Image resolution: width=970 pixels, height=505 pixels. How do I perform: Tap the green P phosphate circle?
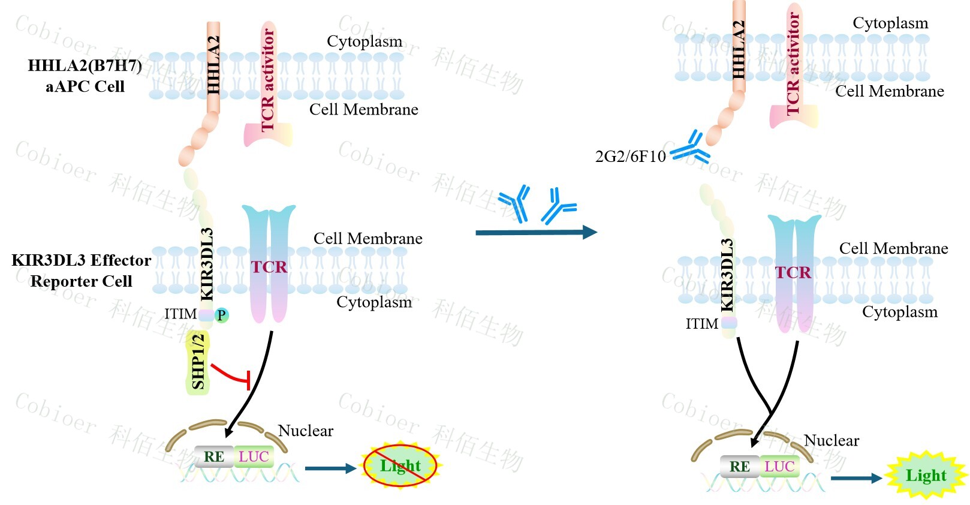pos(221,315)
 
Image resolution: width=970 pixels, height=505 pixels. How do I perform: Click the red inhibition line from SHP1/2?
pos(231,375)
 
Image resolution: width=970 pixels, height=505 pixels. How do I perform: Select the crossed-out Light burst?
pos(400,465)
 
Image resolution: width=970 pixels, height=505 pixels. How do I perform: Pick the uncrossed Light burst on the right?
pos(926,476)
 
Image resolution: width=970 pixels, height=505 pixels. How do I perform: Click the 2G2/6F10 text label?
pos(630,157)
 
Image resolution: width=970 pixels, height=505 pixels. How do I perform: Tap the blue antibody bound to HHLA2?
pos(691,148)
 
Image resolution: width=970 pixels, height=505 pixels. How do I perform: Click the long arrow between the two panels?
pos(535,232)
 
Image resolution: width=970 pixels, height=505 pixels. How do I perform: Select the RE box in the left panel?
pos(213,457)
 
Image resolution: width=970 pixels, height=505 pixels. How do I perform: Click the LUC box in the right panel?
pos(779,467)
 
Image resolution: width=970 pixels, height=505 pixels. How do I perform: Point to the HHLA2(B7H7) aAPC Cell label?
pos(85,76)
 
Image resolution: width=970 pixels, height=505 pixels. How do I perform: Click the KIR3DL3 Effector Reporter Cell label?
pos(81,270)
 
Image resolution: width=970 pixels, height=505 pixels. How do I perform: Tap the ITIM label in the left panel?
pos(180,314)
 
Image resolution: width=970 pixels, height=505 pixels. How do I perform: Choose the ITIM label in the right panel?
pos(701,324)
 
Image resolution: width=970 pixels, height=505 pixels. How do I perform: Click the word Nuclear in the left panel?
pos(306,431)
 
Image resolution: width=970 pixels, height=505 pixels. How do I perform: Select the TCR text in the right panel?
pos(793,273)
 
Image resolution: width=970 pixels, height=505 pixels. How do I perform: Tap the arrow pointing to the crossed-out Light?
pos(330,468)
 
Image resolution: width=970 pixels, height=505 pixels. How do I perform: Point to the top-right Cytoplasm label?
pos(890,23)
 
